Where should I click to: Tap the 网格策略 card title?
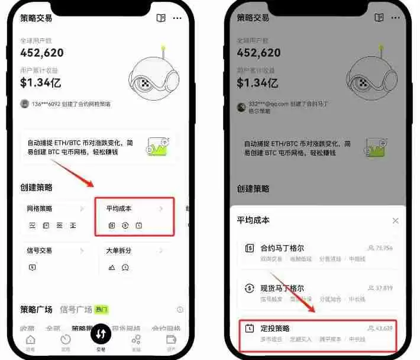(x=40, y=209)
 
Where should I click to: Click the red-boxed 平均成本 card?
(x=134, y=216)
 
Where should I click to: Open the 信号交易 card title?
(x=40, y=250)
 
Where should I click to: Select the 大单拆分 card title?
(x=119, y=250)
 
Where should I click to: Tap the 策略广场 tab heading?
(x=36, y=309)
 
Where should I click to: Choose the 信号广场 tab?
(x=76, y=309)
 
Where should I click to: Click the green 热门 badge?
(x=102, y=309)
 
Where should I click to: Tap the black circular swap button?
(x=101, y=334)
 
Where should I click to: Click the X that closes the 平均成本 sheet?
(x=395, y=221)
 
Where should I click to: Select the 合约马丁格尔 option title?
(x=282, y=248)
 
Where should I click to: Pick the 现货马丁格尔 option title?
(x=282, y=288)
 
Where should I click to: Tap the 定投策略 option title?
(x=275, y=328)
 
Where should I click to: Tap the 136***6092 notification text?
(x=70, y=104)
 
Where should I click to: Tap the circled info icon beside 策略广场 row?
(x=180, y=310)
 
